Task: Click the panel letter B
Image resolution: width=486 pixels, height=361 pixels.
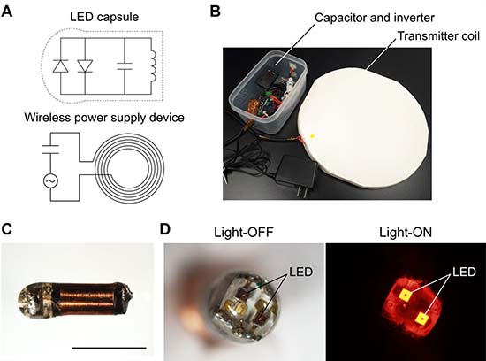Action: [x=216, y=12]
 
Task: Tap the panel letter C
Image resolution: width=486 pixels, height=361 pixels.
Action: [x=7, y=229]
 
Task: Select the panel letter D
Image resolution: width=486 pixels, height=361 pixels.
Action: [x=165, y=229]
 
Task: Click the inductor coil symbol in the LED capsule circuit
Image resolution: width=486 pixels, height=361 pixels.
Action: [x=152, y=66]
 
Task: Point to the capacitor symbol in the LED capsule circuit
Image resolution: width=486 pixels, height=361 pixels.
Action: [x=125, y=65]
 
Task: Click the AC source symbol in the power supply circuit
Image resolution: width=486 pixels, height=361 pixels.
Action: [x=51, y=181]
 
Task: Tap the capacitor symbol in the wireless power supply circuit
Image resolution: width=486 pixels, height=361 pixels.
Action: [x=51, y=149]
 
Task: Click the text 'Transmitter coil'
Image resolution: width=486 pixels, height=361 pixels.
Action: [x=438, y=36]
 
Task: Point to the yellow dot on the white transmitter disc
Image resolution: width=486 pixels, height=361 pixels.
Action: [x=313, y=136]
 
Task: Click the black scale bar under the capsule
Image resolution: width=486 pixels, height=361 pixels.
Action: [x=109, y=349]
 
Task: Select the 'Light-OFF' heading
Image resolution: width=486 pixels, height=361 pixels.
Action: [x=244, y=232]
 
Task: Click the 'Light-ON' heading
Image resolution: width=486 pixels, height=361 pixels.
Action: [x=406, y=232]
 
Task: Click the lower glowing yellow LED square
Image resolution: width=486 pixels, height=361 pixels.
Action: [x=421, y=319]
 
